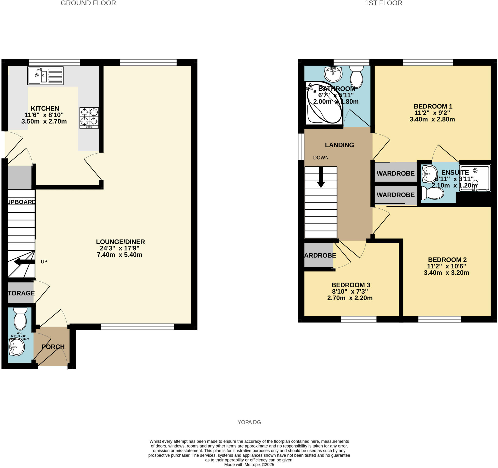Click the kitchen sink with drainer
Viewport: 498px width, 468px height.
[45, 76]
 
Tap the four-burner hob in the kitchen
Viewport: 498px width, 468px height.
[89, 118]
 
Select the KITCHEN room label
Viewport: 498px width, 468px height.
[45, 108]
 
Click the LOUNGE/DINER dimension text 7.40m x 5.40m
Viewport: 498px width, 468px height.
[119, 255]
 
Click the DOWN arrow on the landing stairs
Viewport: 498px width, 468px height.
[321, 177]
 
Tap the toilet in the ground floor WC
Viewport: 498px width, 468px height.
[20, 319]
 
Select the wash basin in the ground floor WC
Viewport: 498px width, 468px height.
[17, 347]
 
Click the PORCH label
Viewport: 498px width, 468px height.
[53, 347]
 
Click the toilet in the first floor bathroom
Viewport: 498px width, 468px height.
[356, 77]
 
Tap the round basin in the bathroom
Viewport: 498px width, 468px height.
[333, 74]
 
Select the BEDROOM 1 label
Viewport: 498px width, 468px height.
[433, 106]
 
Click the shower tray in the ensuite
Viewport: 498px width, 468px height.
[474, 178]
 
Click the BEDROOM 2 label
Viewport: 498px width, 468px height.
[447, 260]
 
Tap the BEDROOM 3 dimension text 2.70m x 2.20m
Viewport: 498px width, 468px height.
[350, 298]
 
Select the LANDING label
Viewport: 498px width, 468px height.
[339, 145]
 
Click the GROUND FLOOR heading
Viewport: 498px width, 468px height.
[88, 3]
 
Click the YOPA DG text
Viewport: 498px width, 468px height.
[249, 422]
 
